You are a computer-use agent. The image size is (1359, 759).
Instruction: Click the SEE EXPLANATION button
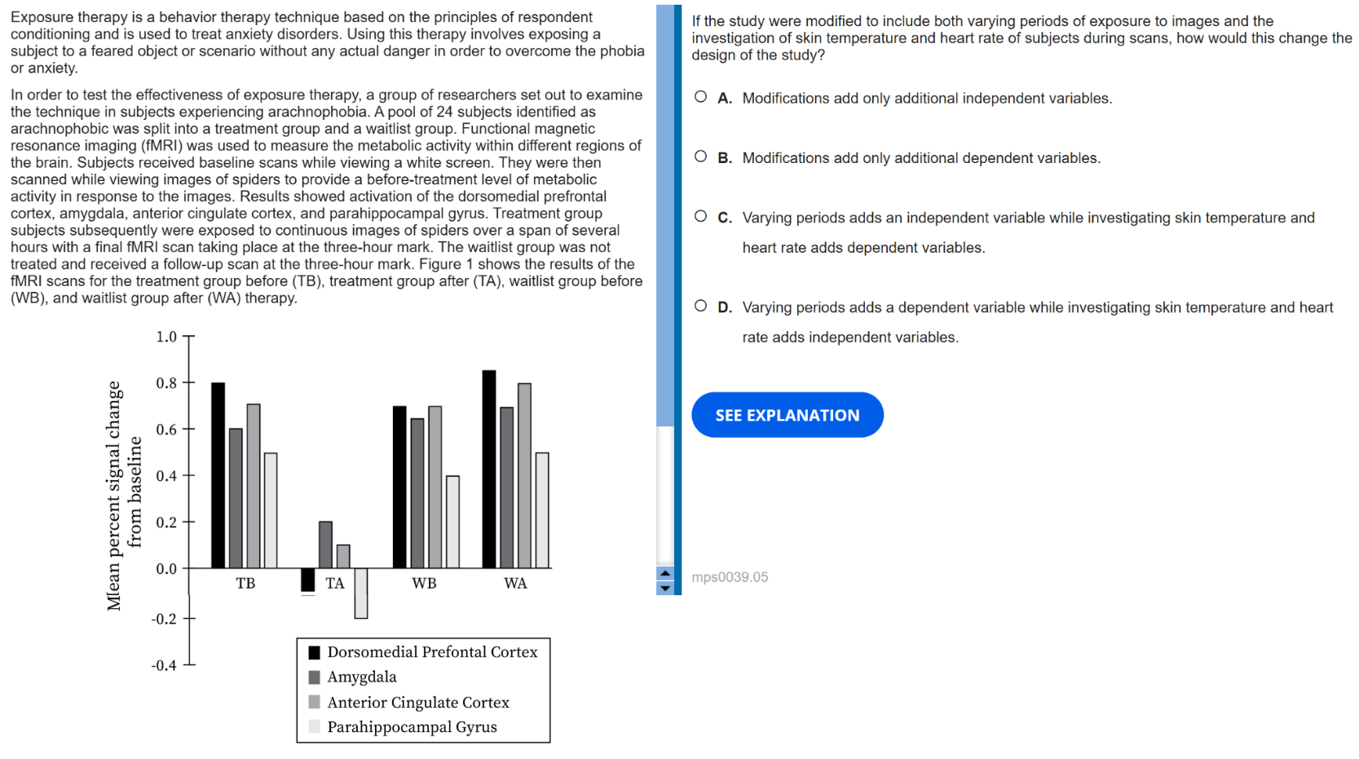click(787, 415)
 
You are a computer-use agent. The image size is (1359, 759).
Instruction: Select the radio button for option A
click(700, 97)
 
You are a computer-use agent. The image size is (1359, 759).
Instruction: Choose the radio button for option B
click(700, 157)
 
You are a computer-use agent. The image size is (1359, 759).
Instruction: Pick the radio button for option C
click(700, 216)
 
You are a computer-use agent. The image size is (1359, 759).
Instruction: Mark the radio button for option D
click(700, 306)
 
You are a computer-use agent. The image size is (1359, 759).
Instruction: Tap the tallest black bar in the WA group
click(489, 470)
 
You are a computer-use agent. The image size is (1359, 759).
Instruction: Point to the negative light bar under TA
click(361, 593)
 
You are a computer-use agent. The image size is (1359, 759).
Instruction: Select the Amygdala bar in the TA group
click(325, 545)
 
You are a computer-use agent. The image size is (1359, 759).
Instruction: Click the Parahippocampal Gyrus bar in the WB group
click(452, 522)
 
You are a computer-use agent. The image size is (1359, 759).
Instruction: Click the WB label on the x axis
click(424, 583)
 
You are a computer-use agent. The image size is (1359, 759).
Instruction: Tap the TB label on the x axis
click(245, 583)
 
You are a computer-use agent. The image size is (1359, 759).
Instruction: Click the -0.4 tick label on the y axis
click(164, 665)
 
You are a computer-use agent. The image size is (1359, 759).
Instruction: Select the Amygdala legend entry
click(362, 677)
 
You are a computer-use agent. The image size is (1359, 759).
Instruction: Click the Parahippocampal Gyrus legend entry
click(412, 727)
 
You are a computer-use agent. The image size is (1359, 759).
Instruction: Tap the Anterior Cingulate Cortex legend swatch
click(315, 702)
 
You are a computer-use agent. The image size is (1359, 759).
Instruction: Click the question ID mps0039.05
click(730, 577)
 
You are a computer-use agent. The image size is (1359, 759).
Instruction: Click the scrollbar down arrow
click(665, 588)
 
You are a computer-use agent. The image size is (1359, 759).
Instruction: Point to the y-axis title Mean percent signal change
click(113, 496)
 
